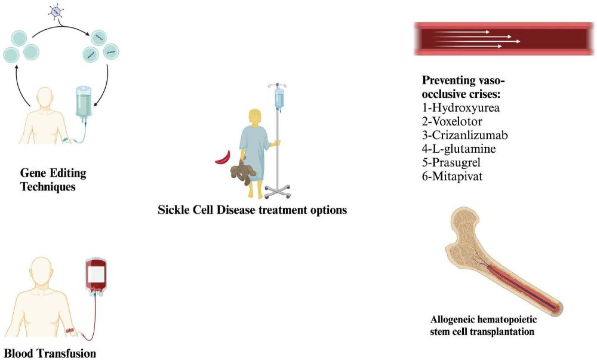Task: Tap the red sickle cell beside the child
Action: click(x=223, y=158)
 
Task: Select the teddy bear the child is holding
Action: click(x=242, y=171)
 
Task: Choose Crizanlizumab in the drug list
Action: click(x=470, y=135)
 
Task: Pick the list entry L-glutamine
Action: click(x=464, y=149)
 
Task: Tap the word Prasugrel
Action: click(x=456, y=162)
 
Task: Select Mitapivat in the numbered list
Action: click(x=457, y=176)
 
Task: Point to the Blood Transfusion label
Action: click(x=50, y=353)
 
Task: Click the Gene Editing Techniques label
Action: click(x=53, y=180)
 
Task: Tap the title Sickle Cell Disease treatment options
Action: click(x=253, y=210)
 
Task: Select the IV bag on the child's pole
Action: click(x=279, y=99)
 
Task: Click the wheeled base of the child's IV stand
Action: click(x=278, y=192)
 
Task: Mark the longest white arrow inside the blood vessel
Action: click(x=476, y=41)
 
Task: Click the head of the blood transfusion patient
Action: click(x=41, y=269)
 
